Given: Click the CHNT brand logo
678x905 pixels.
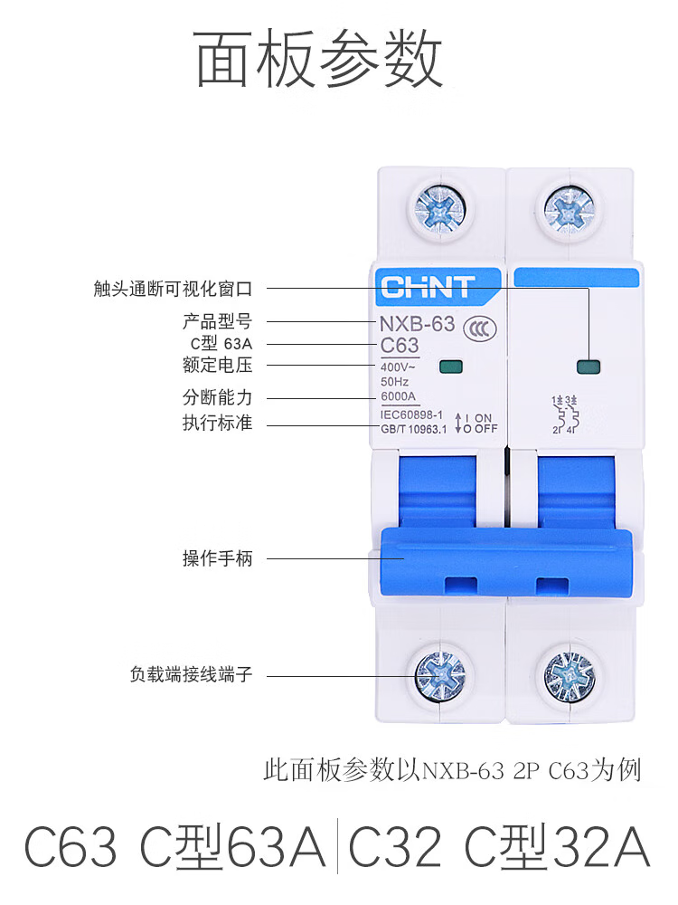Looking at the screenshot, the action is coord(428,287).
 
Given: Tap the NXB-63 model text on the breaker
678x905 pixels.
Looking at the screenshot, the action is coord(417,324).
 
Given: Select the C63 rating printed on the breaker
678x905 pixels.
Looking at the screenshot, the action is coord(399,345).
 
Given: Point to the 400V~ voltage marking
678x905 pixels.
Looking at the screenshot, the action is coord(397,367).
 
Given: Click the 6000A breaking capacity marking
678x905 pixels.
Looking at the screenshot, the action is coord(398,396).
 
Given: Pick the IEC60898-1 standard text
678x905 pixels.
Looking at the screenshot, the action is coord(411,415).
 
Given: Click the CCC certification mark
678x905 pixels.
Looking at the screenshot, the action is coord(480,329).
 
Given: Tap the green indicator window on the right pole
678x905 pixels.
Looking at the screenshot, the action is coord(589,367).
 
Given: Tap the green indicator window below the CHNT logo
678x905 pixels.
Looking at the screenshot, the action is coord(450,367).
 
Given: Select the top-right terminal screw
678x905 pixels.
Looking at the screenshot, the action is coord(569,208).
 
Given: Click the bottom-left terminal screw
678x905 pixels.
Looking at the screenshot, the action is coord(441,675).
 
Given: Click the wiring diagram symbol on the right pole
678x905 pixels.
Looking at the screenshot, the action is coord(565,414).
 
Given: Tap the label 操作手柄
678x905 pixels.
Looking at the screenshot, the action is coord(217,558).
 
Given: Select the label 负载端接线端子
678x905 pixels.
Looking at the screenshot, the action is coord(191,673).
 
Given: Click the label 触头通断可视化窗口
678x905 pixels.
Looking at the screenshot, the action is coord(173,289).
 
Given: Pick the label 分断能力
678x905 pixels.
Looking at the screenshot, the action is coord(217,397).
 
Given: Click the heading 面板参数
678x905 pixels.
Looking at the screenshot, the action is coord(319,59).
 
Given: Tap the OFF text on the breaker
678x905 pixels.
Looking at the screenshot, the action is coord(486,429).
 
